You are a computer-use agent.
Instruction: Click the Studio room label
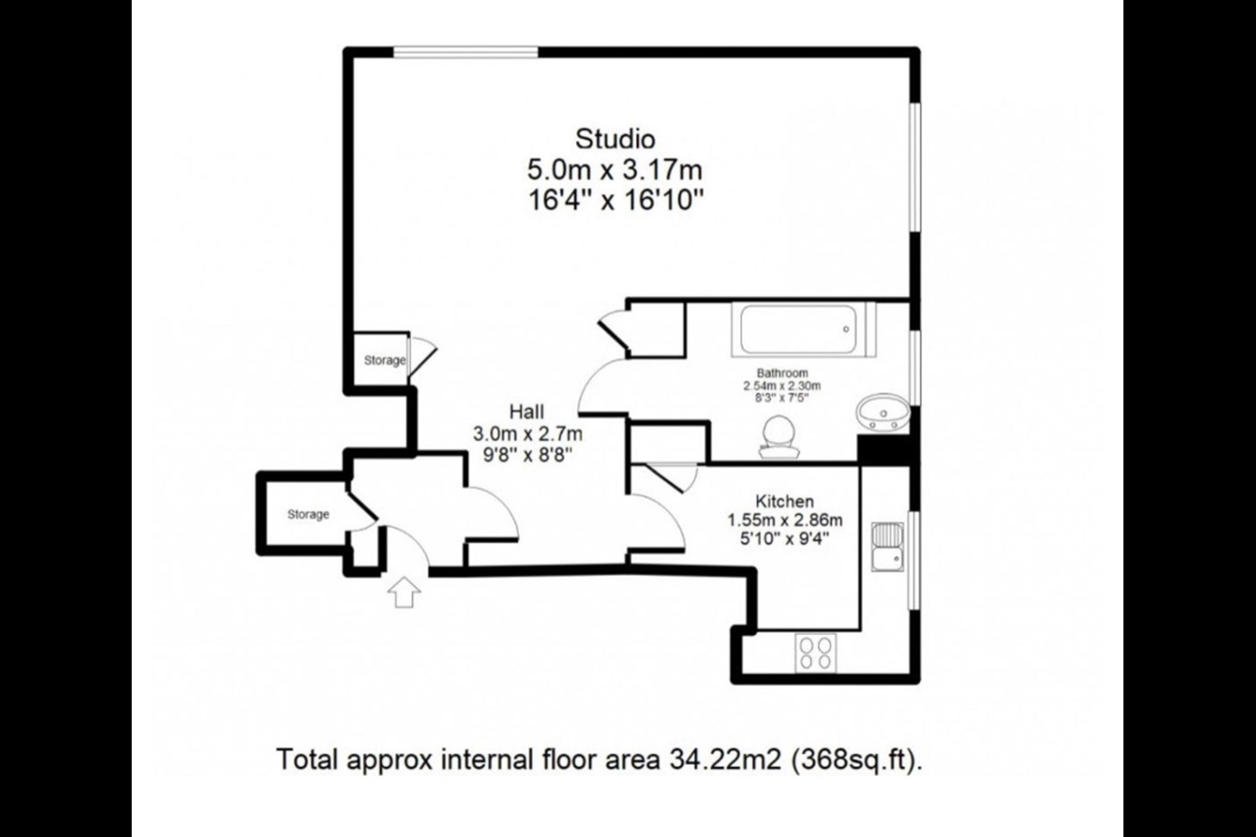pyautogui.click(x=615, y=139)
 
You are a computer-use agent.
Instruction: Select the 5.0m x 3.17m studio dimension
pyautogui.click(x=615, y=169)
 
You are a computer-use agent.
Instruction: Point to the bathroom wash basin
pyautogui.click(x=883, y=412)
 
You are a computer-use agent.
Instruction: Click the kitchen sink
pyautogui.click(x=888, y=547)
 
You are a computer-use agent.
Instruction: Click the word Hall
pyautogui.click(x=527, y=412)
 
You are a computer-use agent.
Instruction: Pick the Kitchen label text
pyautogui.click(x=784, y=501)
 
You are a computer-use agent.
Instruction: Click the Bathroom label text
pyautogui.click(x=782, y=373)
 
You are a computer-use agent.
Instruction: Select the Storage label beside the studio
pyautogui.click(x=385, y=360)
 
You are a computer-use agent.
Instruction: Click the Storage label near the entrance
pyautogui.click(x=308, y=514)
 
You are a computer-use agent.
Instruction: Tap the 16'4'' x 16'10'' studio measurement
pyautogui.click(x=615, y=201)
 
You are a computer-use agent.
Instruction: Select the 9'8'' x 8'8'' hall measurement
pyautogui.click(x=527, y=454)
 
